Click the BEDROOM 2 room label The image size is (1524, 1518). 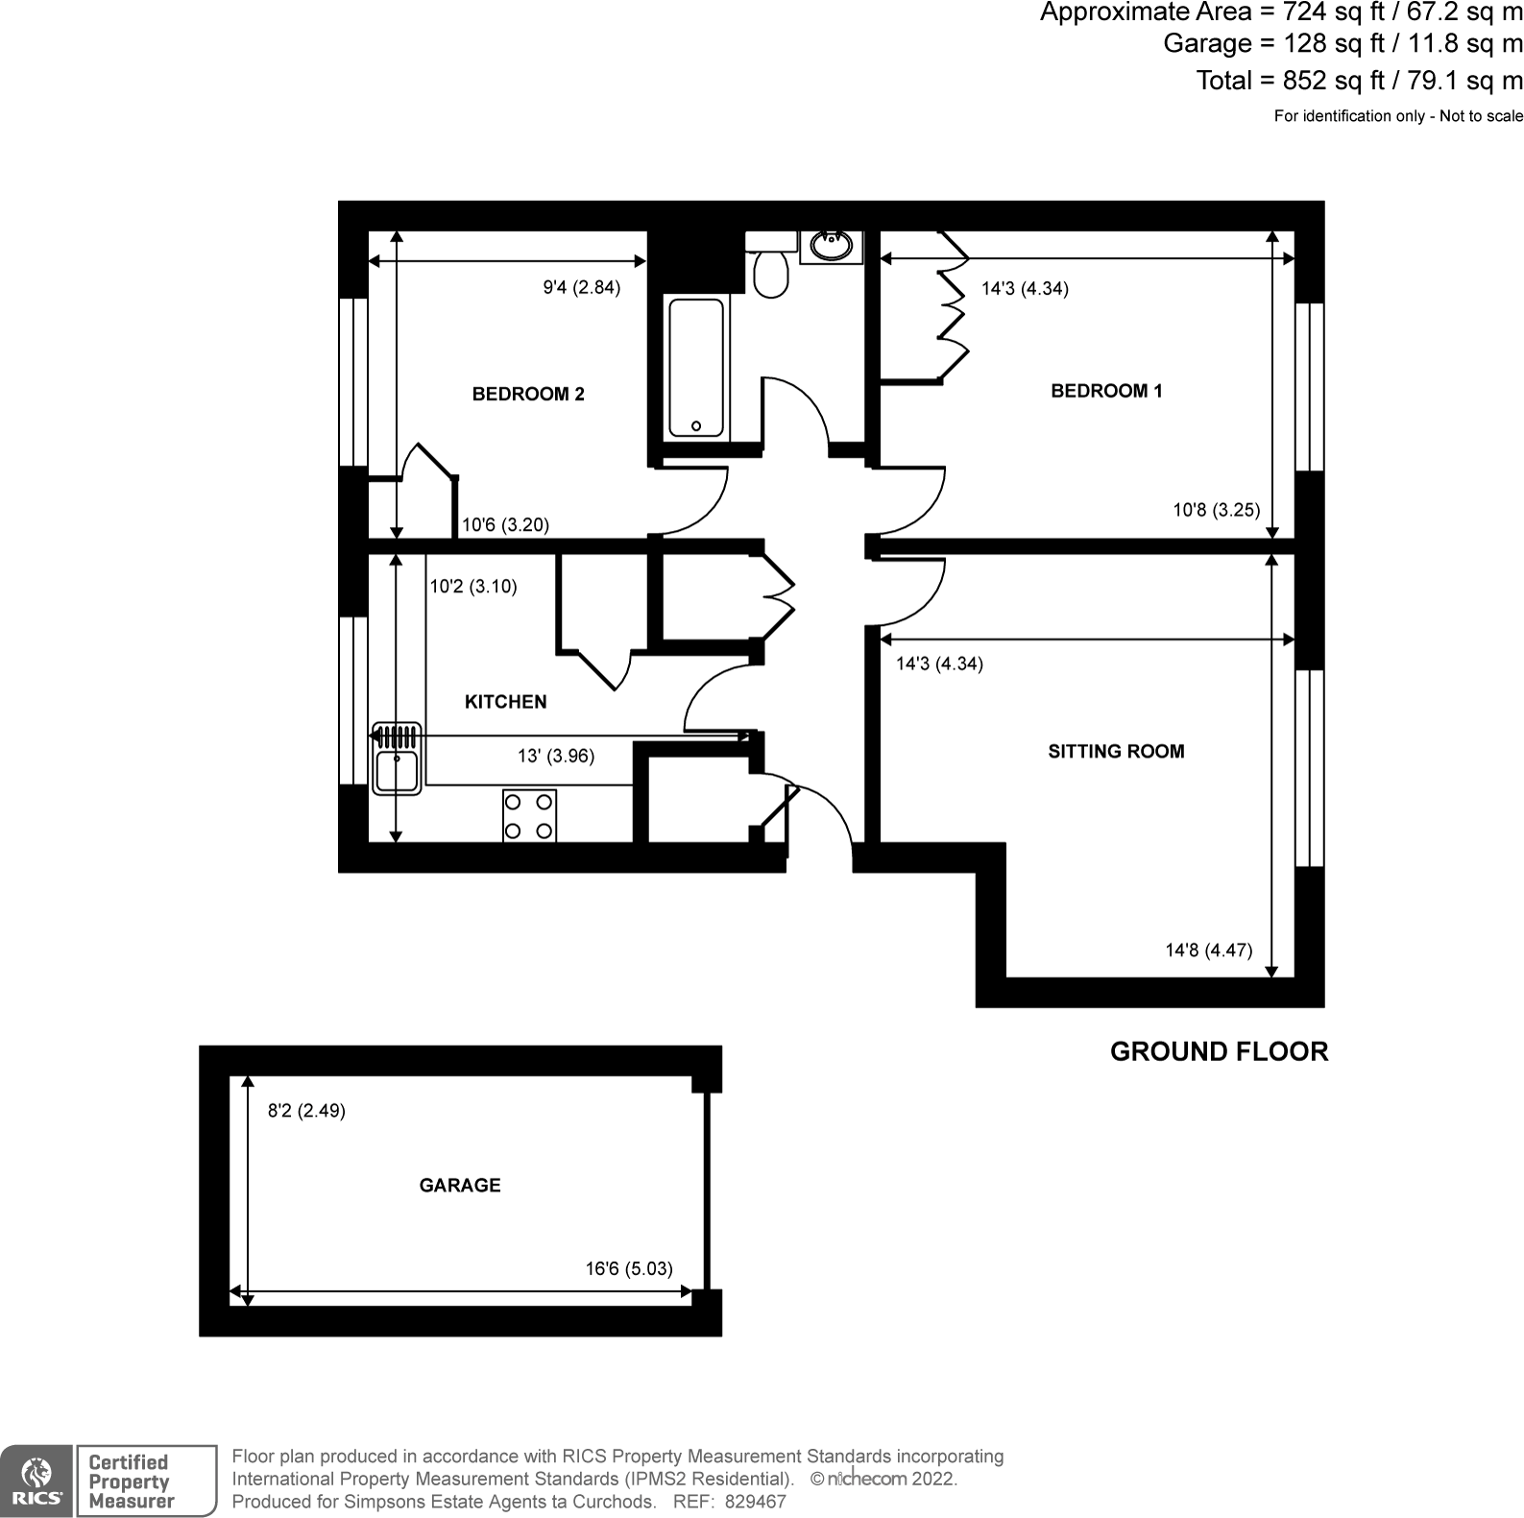click(528, 394)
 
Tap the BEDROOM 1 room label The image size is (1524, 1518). click(1106, 391)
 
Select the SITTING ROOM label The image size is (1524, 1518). click(1116, 752)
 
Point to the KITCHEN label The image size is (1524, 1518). click(505, 702)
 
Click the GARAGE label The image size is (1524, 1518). click(460, 1186)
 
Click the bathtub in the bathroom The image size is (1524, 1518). click(696, 368)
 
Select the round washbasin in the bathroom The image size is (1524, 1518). click(831, 247)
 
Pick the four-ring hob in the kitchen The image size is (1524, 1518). click(529, 815)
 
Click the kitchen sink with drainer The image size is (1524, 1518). click(397, 759)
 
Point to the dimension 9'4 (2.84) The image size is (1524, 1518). click(582, 287)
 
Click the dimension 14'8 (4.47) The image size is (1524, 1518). click(1208, 951)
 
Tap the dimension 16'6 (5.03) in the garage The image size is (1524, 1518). click(629, 1268)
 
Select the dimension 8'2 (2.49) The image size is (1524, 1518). click(306, 1111)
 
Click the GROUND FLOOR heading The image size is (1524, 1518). click(1219, 1051)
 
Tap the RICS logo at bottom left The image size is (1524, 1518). click(36, 1480)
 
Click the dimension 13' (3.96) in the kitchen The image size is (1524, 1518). click(556, 757)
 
